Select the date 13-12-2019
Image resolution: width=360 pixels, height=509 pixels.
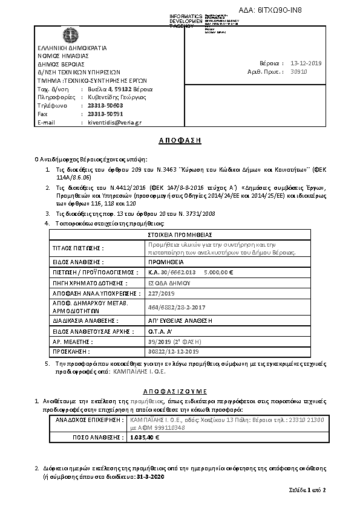[x=307, y=63]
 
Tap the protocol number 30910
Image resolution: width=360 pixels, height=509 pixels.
[x=299, y=71]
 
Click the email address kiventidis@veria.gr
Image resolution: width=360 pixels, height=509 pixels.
[x=114, y=122]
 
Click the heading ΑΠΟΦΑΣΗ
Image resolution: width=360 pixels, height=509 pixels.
[x=180, y=140]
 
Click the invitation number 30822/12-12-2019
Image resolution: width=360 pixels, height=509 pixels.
[x=173, y=351]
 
